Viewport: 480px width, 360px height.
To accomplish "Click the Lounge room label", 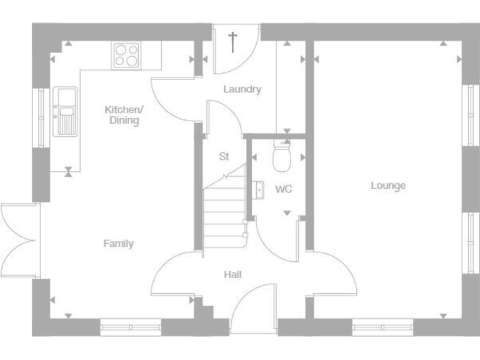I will [x=388, y=186].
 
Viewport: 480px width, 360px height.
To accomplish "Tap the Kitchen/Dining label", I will [x=124, y=115].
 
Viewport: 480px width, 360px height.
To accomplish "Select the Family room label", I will [x=118, y=244].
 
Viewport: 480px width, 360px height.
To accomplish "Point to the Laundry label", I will [x=242, y=89].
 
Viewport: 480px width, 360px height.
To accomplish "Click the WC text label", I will [x=284, y=189].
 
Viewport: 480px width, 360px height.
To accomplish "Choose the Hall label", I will [x=232, y=274].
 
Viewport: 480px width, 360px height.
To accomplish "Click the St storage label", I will [x=224, y=157].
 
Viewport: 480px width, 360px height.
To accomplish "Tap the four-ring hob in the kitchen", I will [x=127, y=54].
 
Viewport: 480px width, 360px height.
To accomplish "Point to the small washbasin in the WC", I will [x=258, y=187].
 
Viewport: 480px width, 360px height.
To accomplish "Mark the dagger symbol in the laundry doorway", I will [x=232, y=42].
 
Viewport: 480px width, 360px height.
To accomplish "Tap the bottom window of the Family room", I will [x=131, y=327].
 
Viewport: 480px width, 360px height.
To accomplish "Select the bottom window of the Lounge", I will [x=382, y=327].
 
